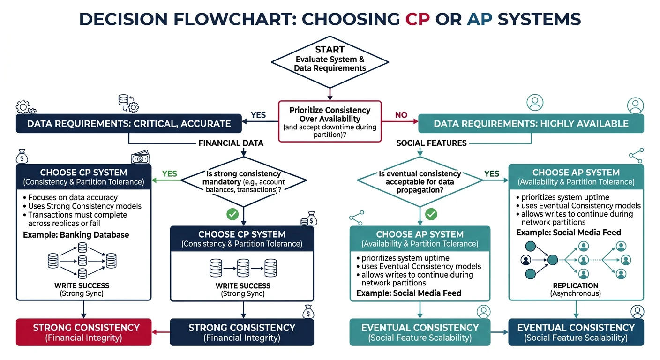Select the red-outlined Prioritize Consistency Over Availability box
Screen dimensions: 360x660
click(330, 121)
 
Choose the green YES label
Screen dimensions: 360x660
click(169, 173)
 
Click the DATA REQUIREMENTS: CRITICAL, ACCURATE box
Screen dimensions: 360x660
click(129, 124)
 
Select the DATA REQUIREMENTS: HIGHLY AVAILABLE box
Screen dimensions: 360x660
click(531, 124)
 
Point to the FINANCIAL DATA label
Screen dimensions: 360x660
click(231, 143)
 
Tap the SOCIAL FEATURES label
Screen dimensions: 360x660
click(431, 143)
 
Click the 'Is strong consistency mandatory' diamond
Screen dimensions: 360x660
click(243, 181)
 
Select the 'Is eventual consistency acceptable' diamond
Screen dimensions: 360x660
click(420, 181)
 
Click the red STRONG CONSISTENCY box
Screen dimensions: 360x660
click(84, 332)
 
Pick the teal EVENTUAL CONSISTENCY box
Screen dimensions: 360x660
click(420, 332)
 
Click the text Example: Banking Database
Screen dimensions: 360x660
click(76, 234)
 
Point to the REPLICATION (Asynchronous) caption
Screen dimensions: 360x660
click(576, 289)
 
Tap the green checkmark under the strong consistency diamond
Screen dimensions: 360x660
click(232, 214)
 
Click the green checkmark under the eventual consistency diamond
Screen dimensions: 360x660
click(431, 214)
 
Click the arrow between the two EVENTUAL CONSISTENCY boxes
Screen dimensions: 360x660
click(499, 332)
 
